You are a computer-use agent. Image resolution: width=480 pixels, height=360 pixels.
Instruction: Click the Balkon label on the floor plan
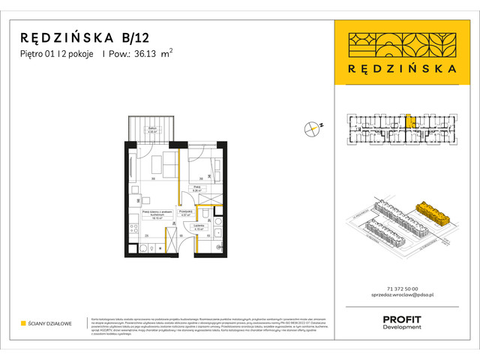coord(152,129)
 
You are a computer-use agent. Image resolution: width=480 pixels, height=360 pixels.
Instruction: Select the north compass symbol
coord(312,128)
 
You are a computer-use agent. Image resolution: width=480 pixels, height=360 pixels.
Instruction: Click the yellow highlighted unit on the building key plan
coord(409,120)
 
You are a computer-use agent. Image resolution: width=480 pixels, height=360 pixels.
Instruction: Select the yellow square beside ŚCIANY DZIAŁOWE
coord(23,324)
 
